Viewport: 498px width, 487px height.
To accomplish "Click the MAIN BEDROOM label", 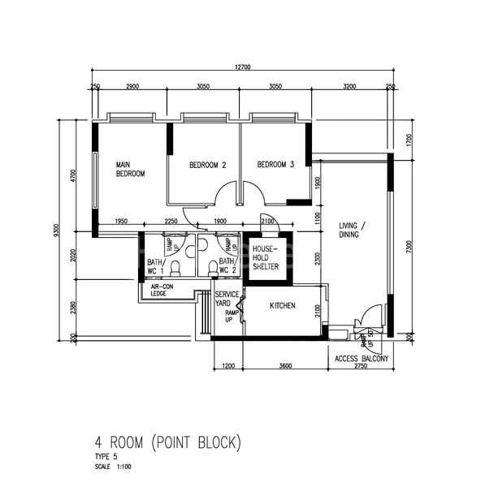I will pos(130,168).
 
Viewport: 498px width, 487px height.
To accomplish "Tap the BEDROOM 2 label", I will pos(207,165).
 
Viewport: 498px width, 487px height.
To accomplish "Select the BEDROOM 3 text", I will pos(275,165).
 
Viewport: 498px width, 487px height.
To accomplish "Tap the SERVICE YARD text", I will pos(227,298).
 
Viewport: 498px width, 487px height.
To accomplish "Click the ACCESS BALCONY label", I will pos(362,358).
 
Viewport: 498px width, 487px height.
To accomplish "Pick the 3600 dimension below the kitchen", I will pos(285,366).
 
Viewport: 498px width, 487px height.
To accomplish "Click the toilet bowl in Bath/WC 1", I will pos(175,269).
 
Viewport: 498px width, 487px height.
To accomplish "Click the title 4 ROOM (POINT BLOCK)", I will pos(167,443).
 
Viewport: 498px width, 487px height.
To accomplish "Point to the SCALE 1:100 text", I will pos(112,467).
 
